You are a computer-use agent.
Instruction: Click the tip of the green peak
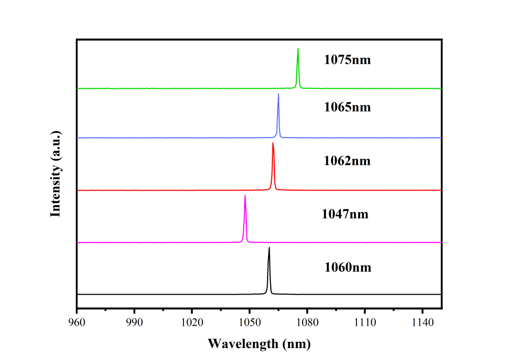click(298, 49)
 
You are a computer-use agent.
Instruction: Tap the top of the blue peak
click(278, 94)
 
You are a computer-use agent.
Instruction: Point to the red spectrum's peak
click(273, 143)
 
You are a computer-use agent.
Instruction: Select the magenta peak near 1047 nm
click(245, 196)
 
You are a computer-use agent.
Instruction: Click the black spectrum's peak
click(269, 248)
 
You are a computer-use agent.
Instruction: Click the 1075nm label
click(348, 59)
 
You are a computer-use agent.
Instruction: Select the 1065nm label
click(348, 108)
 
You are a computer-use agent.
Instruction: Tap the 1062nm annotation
click(347, 161)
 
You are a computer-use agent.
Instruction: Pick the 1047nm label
click(345, 214)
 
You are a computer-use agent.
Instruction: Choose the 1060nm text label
click(348, 268)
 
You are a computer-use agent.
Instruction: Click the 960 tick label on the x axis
click(77, 323)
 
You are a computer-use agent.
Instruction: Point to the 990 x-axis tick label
click(134, 323)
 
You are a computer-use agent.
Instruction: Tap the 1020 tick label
click(192, 323)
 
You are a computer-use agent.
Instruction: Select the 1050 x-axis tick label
click(249, 323)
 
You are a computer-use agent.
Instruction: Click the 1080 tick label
click(307, 323)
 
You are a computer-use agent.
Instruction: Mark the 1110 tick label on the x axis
click(364, 323)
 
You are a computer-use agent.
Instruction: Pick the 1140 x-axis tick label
click(422, 323)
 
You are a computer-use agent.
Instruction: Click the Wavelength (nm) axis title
click(259, 343)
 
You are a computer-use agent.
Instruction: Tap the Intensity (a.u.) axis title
click(56, 174)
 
